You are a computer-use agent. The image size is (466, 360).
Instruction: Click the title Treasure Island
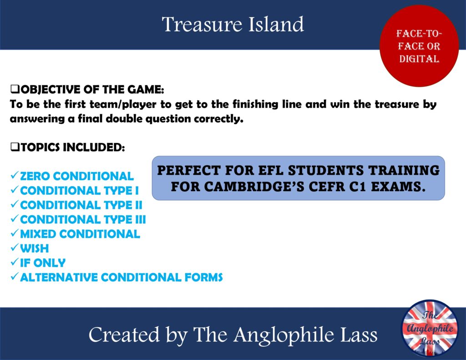[233, 24]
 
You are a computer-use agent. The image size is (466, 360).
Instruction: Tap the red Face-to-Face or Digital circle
[419, 46]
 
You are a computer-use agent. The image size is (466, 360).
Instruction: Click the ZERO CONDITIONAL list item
[76, 176]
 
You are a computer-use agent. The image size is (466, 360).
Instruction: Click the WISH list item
[34, 248]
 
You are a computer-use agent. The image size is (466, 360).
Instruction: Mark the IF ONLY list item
[43, 263]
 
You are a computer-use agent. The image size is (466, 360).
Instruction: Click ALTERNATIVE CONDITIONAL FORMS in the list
[121, 277]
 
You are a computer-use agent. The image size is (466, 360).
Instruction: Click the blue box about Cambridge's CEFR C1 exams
[298, 178]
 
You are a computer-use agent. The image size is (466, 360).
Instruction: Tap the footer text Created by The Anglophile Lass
[233, 335]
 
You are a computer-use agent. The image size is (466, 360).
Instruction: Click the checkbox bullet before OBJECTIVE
[13, 89]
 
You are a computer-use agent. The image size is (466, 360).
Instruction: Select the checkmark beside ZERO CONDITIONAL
[14, 176]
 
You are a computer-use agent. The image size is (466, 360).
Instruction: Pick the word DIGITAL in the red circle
[419, 59]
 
